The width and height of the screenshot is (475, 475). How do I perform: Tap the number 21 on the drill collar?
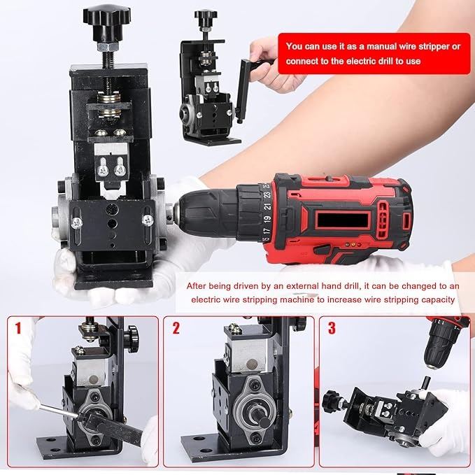[x=267, y=206]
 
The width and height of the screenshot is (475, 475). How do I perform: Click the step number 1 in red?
[x=18, y=328]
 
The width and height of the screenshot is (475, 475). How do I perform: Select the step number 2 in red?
[x=176, y=328]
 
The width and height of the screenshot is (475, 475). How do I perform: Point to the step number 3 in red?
[x=332, y=328]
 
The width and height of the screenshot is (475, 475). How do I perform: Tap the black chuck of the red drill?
[x=209, y=211]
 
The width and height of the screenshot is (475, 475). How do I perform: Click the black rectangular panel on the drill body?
[x=342, y=220]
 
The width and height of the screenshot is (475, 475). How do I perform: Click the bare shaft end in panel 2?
[x=262, y=420]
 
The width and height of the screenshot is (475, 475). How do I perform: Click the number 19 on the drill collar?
[x=267, y=219]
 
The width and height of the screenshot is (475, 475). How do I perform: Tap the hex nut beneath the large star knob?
[x=106, y=47]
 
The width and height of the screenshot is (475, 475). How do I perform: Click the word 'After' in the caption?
[x=197, y=286]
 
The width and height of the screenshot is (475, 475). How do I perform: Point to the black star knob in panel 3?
[x=329, y=401]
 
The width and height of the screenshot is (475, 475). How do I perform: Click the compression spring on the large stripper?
[x=108, y=106]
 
